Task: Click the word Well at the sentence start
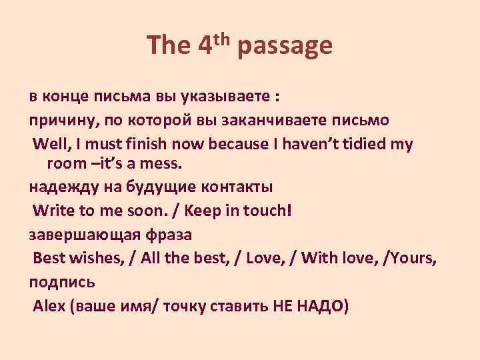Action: [51, 144]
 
